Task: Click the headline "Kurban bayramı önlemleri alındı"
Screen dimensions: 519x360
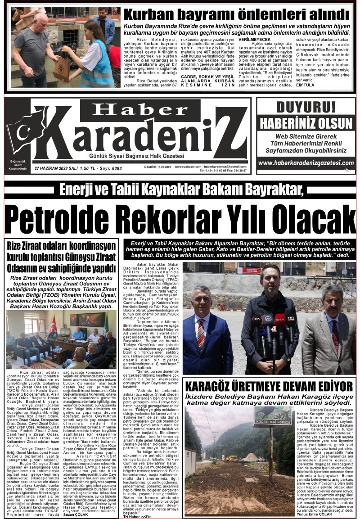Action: pyautogui.click(x=236, y=14)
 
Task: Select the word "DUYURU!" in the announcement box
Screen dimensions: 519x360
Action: pyautogui.click(x=306, y=107)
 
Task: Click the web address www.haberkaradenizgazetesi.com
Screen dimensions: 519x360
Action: pyautogui.click(x=306, y=163)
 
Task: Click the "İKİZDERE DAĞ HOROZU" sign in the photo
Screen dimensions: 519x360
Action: pyautogui.click(x=273, y=423)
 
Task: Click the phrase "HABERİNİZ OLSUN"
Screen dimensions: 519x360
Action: pyautogui.click(x=306, y=122)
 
